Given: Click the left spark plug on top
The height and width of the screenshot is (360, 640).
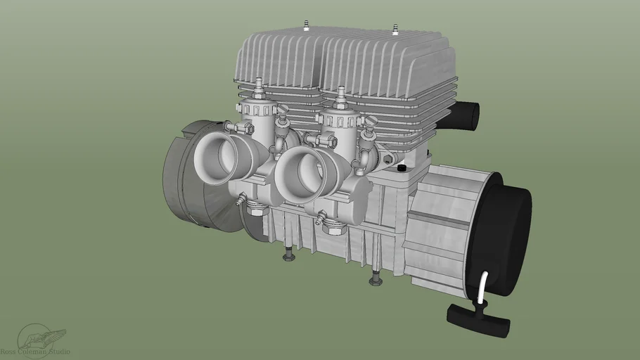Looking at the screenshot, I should pos(307,25).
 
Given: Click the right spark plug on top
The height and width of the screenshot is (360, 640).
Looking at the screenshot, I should pos(395,30).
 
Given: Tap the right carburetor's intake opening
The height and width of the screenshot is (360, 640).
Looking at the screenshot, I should pos(302,175).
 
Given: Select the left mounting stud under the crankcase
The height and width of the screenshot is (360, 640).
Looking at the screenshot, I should pos(288,255).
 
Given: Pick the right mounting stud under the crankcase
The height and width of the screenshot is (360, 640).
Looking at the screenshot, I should pos(376,279).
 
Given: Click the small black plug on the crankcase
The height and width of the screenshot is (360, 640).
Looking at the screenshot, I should pos(402,168).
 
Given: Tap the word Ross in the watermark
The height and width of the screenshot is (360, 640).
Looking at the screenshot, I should pos(7,352).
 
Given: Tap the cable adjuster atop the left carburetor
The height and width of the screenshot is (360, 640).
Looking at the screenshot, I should pos(259,89).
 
